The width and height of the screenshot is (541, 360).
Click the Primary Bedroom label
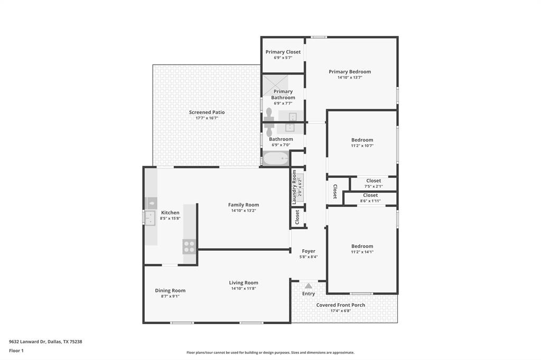click(350, 72)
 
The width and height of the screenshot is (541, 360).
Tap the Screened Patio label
click(207, 112)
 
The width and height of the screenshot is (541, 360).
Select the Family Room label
click(244, 205)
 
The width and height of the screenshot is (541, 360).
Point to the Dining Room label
click(170, 290)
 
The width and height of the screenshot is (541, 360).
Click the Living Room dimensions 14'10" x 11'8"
click(244, 289)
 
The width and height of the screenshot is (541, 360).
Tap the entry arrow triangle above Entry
click(309, 286)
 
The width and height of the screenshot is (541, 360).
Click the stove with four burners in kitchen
click(189, 247)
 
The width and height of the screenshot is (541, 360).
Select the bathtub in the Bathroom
click(276, 158)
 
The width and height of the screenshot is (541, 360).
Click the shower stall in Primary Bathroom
click(276, 83)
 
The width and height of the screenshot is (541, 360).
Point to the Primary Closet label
click(283, 52)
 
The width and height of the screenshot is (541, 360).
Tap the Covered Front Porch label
click(341, 305)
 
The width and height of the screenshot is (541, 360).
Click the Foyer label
click(309, 251)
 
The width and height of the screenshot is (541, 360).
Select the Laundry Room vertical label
click(294, 187)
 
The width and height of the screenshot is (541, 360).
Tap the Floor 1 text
click(16, 350)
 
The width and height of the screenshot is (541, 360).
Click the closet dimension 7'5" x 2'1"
click(374, 186)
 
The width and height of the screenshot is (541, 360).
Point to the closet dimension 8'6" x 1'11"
click(370, 201)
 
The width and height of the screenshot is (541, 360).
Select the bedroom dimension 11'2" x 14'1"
click(362, 252)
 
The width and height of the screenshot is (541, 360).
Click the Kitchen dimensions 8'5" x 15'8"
click(170, 218)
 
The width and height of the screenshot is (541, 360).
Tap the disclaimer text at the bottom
click(270, 353)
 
